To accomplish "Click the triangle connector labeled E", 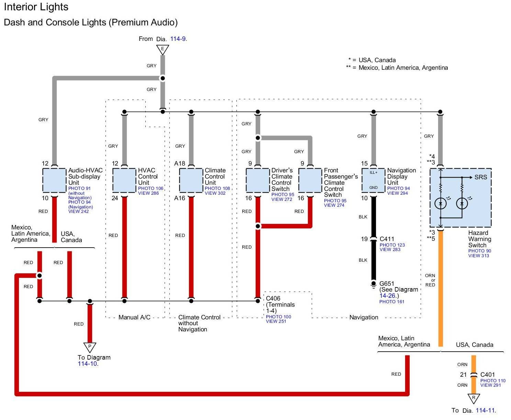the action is pyautogui.click(x=163, y=49).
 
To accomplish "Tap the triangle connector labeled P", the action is pyautogui.click(x=90, y=347).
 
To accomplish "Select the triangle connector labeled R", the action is pyautogui.click(x=474, y=398).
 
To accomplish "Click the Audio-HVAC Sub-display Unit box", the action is pyautogui.click(x=54, y=180).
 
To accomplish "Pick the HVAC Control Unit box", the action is pyautogui.click(x=124, y=180).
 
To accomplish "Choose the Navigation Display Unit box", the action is pyautogui.click(x=374, y=180).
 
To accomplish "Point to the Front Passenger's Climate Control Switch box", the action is pyautogui.click(x=310, y=180).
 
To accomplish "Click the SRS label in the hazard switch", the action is pyautogui.click(x=481, y=177).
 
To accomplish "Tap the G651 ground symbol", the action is pyautogui.click(x=374, y=284).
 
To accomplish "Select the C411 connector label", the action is pyautogui.click(x=387, y=239).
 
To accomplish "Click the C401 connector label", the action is pyautogui.click(x=488, y=374).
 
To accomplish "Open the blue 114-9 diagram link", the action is pyautogui.click(x=179, y=39).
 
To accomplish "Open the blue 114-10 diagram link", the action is pyautogui.click(x=88, y=364).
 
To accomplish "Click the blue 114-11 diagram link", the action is pyautogui.click(x=486, y=410).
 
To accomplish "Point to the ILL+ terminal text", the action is pyautogui.click(x=374, y=173).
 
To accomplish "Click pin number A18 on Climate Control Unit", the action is pyautogui.click(x=179, y=163).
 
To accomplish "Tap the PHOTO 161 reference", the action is pyautogui.click(x=392, y=302).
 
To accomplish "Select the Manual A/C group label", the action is pyautogui.click(x=134, y=317).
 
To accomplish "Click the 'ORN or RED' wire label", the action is pyautogui.click(x=430, y=280).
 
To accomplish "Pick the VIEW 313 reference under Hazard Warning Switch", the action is pyautogui.click(x=479, y=256).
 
